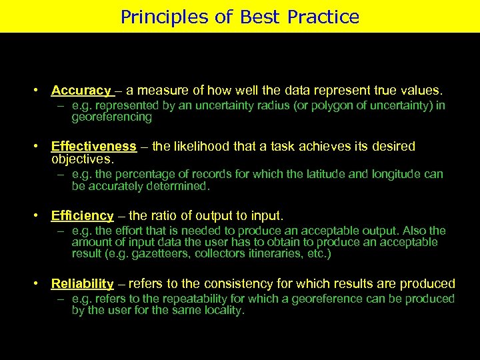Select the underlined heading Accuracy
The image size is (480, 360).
81,90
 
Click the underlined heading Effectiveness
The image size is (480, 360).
93,146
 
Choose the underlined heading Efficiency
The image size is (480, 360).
82,215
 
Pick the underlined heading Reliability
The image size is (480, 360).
82,284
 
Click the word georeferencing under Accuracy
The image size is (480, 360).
112,117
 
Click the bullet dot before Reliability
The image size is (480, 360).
40,284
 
